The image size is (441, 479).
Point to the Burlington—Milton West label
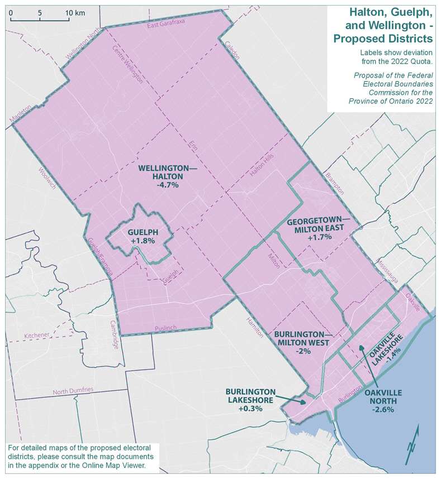[x=303, y=339]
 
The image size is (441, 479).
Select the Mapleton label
[x=22, y=113]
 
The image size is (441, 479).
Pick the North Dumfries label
[x=73, y=392]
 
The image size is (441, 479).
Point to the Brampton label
[x=334, y=184]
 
